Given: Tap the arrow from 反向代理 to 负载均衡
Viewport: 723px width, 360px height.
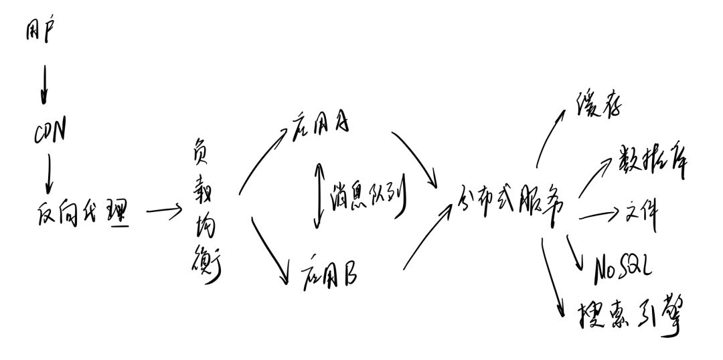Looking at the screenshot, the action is [163, 213].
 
